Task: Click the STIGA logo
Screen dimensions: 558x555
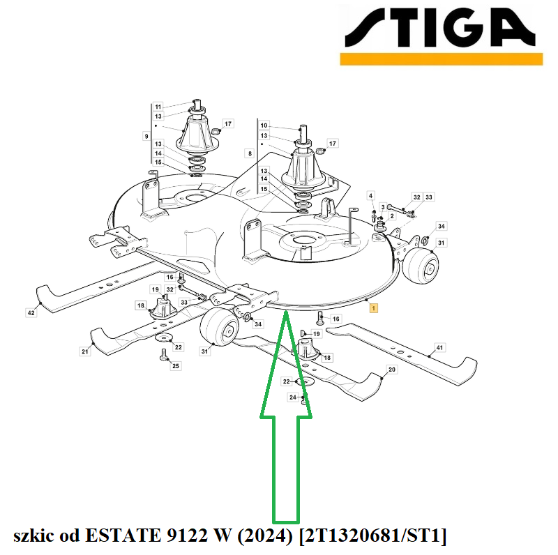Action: pyautogui.click(x=442, y=36)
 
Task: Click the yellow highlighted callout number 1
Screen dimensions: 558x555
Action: pyautogui.click(x=373, y=307)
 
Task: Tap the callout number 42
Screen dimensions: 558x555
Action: pyautogui.click(x=31, y=313)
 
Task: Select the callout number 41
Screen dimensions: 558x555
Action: pyautogui.click(x=439, y=348)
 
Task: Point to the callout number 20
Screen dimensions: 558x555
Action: pyautogui.click(x=392, y=370)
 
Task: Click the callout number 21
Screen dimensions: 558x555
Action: pyautogui.click(x=84, y=351)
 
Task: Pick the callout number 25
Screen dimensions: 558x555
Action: pyautogui.click(x=176, y=366)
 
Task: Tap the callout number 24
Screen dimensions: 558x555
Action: pyautogui.click(x=293, y=397)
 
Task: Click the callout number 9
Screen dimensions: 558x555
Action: pyautogui.click(x=146, y=136)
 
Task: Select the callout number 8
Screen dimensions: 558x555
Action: pyautogui.click(x=250, y=153)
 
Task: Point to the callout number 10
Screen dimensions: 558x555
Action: pyautogui.click(x=264, y=126)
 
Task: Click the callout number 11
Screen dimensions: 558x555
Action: pyautogui.click(x=158, y=107)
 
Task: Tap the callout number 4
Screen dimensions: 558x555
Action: pyautogui.click(x=371, y=196)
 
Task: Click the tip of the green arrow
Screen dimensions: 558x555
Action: pyautogui.click(x=286, y=311)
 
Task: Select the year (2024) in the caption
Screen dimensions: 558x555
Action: pyautogui.click(x=266, y=535)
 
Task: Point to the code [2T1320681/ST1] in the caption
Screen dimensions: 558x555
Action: pyautogui.click(x=373, y=535)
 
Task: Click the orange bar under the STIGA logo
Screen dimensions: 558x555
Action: pyautogui.click(x=442, y=59)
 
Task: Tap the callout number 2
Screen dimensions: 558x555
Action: pyautogui.click(x=392, y=216)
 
